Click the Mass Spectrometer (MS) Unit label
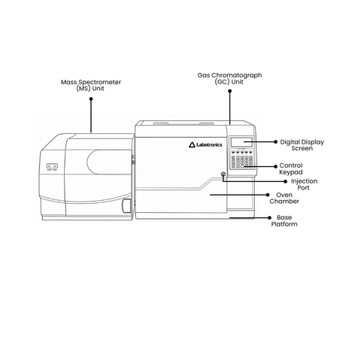[91, 85]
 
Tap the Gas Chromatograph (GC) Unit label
[229, 78]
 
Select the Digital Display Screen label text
[302, 145]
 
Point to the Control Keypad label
[291, 168]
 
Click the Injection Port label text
[304, 184]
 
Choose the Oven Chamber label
[284, 198]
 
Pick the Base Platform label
[284, 220]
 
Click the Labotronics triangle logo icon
[192, 144]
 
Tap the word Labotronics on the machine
[209, 144]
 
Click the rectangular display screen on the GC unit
[241, 142]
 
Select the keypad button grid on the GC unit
[242, 162]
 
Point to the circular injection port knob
[223, 174]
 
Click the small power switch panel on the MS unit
[52, 166]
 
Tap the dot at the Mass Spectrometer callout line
[91, 99]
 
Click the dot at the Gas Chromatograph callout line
[230, 91]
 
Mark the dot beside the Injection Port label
[286, 181]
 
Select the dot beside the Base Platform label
[270, 217]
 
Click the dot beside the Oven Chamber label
[268, 195]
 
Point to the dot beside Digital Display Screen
[275, 142]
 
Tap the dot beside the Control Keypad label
[275, 166]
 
